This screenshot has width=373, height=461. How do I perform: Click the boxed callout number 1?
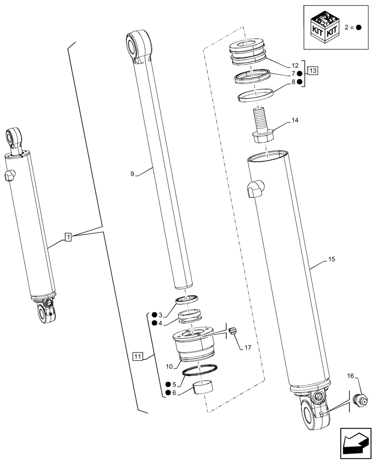coord(68,237)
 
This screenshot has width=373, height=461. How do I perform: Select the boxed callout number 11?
coord(137,356)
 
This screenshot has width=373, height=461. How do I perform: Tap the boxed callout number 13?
coord(313,71)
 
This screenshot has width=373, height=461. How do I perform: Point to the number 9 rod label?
coord(132,174)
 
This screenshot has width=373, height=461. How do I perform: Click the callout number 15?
coord(331,260)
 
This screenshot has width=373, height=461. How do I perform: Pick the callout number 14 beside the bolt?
coord(295,121)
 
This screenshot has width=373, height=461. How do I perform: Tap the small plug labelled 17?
coord(234,330)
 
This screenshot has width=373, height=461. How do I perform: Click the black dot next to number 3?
coord(154,315)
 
